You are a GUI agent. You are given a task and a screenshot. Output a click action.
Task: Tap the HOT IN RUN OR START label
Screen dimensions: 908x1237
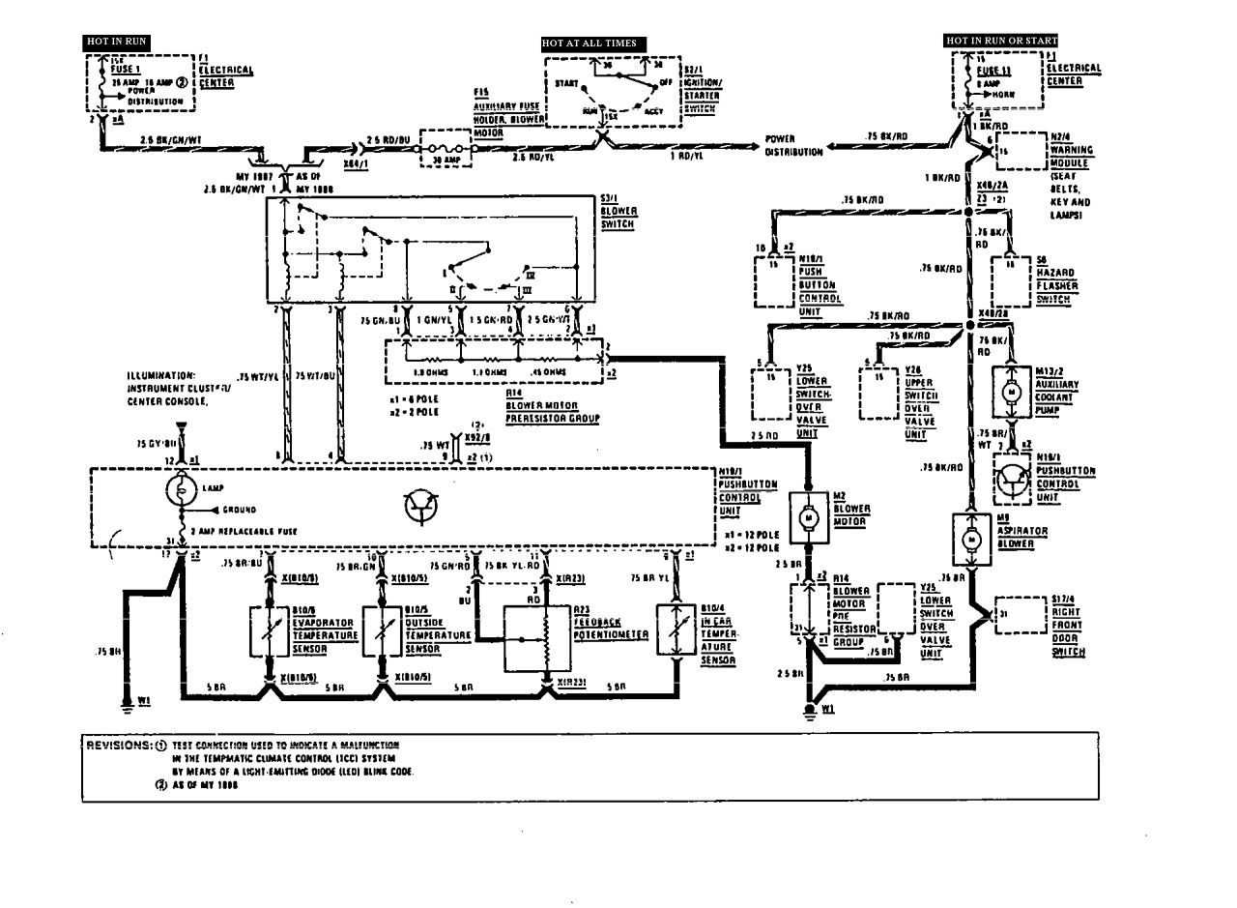click(1001, 41)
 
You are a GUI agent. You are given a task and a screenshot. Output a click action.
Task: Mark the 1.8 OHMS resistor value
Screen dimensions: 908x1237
click(429, 370)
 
